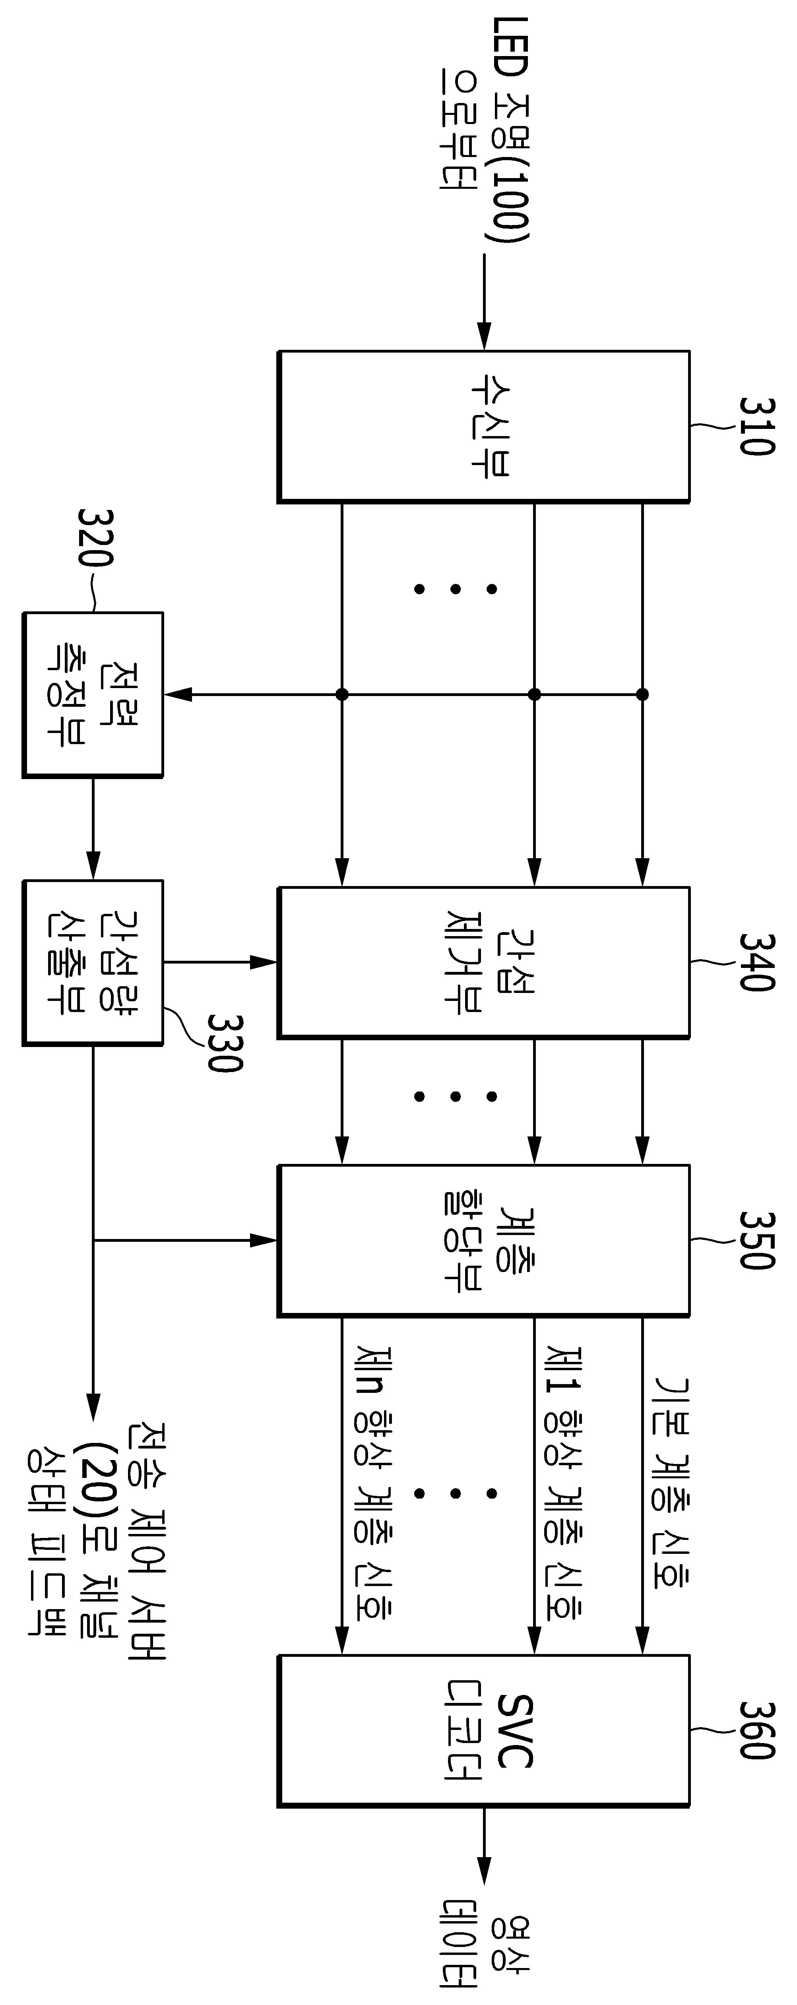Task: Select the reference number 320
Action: click(x=96, y=539)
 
